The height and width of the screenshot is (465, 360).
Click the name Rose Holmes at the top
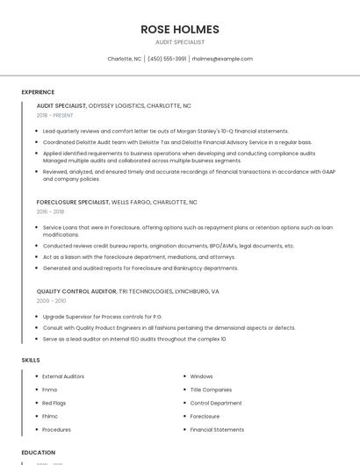[180, 29]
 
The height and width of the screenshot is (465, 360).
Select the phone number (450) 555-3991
[166, 59]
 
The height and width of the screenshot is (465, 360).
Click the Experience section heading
[38, 91]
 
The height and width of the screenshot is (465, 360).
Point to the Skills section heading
[30, 360]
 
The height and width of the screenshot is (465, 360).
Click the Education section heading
[39, 453]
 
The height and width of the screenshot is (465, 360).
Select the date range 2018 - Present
[55, 115]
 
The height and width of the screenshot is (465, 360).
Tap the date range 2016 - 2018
[50, 211]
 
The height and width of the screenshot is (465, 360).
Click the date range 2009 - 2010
[51, 300]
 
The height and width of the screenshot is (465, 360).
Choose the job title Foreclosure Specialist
[72, 202]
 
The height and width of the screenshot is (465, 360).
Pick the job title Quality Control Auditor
[76, 290]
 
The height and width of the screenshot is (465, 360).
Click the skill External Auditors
[63, 376]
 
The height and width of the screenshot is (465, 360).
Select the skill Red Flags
[54, 403]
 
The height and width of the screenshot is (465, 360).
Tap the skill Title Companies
[211, 390]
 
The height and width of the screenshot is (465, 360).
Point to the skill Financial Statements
[217, 430]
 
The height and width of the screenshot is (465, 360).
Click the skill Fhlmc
[51, 417]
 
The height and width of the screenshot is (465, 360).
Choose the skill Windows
[201, 376]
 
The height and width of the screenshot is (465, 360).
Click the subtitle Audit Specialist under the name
[180, 42]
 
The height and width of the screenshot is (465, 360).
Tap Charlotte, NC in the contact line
[124, 59]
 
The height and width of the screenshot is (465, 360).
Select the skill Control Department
[215, 403]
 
